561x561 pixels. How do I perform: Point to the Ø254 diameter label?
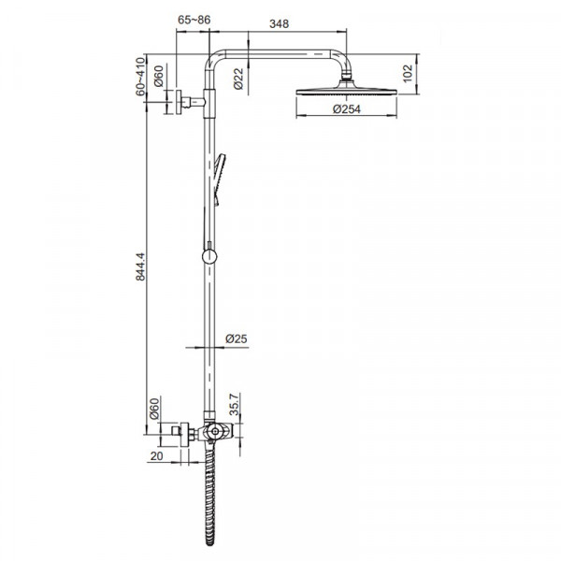tap(347, 109)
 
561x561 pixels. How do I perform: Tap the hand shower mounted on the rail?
tap(219, 178)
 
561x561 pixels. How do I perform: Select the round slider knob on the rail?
tap(209, 255)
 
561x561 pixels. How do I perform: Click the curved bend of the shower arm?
tap(212, 55)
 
